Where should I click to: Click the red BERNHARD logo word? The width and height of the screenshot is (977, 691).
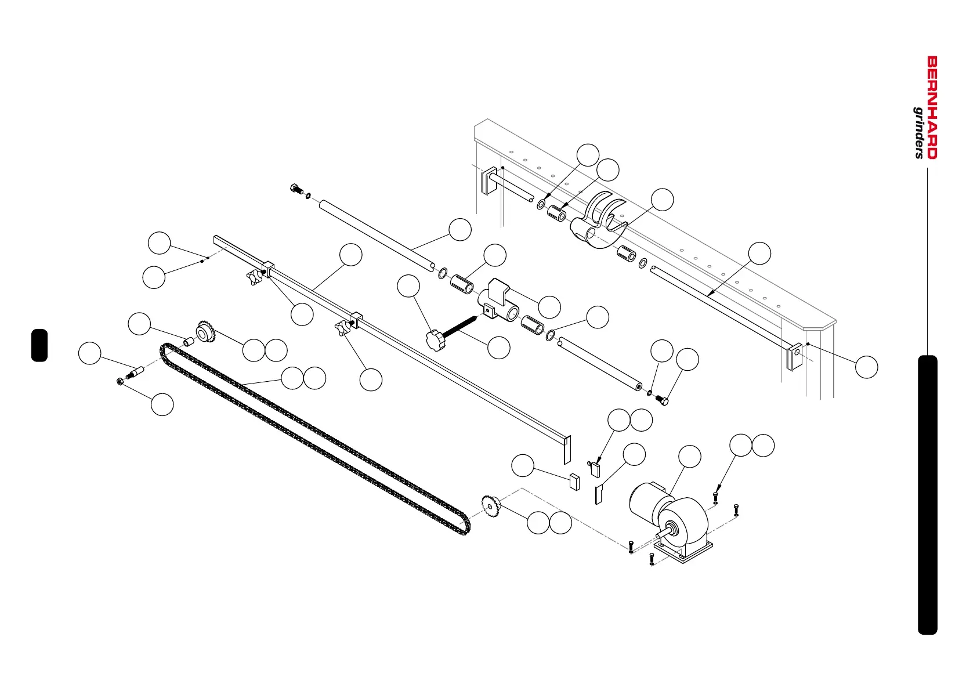[x=932, y=107]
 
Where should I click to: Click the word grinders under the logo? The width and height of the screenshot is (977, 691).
[x=919, y=132]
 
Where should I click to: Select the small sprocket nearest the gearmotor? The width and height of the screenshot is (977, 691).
[x=491, y=506]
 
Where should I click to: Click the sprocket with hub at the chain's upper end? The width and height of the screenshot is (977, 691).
[x=204, y=332]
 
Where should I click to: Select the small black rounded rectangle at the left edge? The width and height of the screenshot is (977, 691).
[x=39, y=345]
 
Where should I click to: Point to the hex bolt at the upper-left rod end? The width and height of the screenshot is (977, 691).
[x=296, y=189]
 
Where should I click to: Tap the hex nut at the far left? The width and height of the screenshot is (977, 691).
[x=120, y=381]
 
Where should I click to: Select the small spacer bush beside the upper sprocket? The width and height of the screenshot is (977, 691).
[x=188, y=342]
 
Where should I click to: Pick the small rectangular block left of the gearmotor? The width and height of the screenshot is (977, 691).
[x=574, y=482]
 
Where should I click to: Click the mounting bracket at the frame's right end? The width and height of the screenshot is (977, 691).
[x=794, y=357]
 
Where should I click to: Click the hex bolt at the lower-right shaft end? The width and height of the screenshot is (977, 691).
[x=661, y=400]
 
